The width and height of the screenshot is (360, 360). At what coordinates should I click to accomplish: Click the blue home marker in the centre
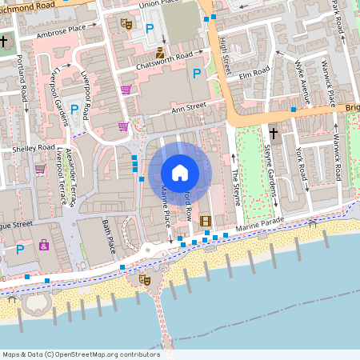pos(180,172)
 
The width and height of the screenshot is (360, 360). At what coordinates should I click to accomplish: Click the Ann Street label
pos(189,105)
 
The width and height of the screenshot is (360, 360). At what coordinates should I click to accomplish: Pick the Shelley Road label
pos(34,150)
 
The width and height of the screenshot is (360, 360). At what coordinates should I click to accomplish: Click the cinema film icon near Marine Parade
pos(206,222)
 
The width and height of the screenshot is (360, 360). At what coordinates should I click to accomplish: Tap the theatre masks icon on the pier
pos(144,279)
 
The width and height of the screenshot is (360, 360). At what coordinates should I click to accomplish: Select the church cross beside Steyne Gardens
pos(273,133)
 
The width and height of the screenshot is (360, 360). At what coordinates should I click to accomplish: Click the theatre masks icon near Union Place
pos(126,25)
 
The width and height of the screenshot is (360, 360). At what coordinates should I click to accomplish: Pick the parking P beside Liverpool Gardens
pos(75,110)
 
